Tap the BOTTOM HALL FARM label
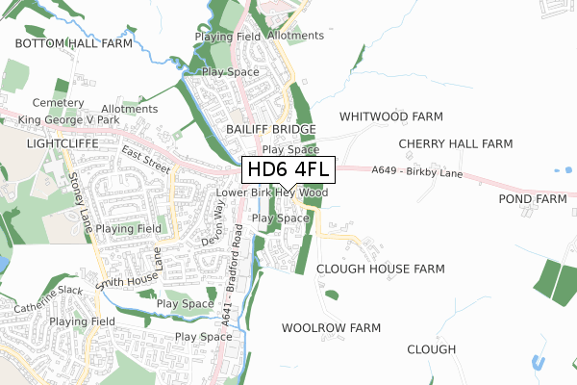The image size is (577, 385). (73, 44)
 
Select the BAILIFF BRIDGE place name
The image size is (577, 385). (270, 129)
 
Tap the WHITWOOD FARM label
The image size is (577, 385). (391, 116)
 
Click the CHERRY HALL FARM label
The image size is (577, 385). (456, 143)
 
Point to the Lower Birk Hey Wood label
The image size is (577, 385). (272, 192)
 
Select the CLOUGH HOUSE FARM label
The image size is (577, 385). (381, 269)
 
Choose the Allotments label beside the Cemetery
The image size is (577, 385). (129, 109)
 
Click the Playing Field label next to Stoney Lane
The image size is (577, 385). (128, 229)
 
